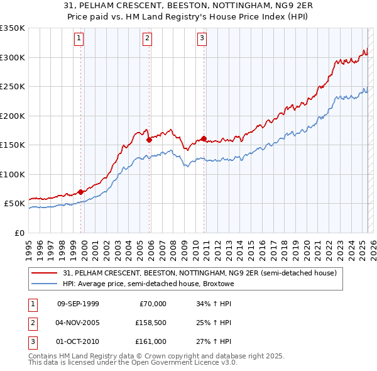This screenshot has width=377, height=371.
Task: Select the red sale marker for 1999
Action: click(x=81, y=192)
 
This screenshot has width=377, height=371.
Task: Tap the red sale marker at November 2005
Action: click(x=149, y=140)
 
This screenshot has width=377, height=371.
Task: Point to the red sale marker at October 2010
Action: click(x=204, y=138)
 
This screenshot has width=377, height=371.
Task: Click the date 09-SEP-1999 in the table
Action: click(x=78, y=304)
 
